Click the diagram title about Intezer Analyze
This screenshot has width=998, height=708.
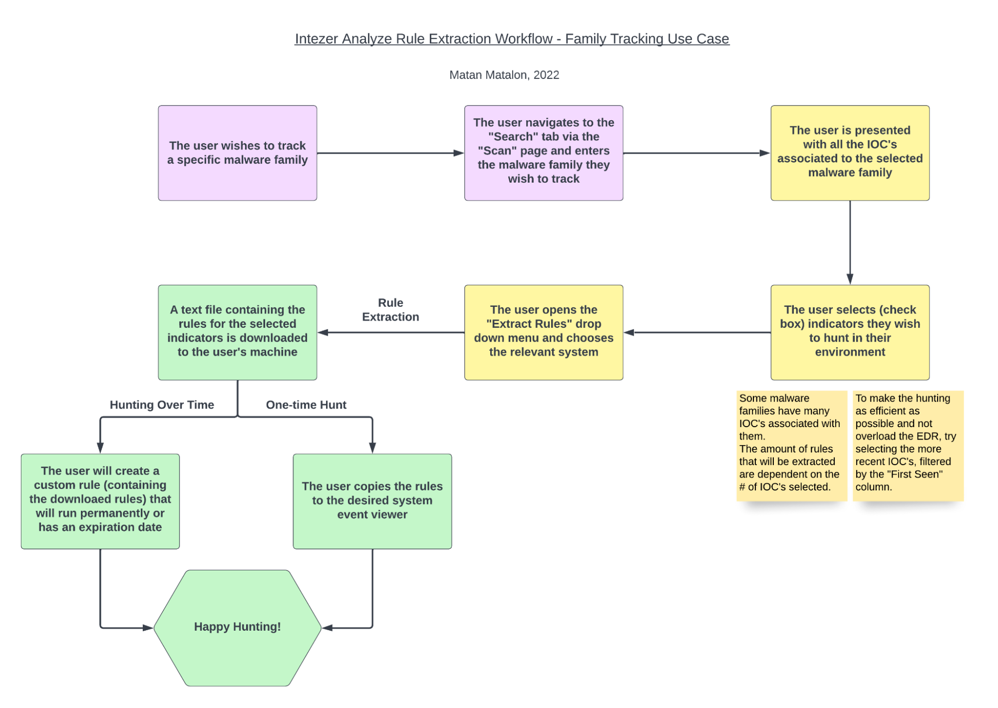point(512,39)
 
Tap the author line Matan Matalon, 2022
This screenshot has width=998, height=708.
point(504,75)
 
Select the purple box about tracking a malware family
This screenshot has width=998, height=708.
point(237,153)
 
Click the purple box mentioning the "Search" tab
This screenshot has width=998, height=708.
point(543,153)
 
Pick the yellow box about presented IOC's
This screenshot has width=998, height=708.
point(850,153)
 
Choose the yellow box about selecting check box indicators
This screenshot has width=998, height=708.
point(850,332)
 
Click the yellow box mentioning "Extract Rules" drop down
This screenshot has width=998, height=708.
point(543,332)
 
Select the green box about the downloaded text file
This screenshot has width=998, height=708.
point(237,332)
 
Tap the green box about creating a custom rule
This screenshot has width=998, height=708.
point(100,501)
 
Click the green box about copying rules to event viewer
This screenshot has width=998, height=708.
point(372,501)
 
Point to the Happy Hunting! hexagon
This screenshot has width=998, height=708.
point(237,627)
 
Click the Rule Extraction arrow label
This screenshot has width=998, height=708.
point(390,310)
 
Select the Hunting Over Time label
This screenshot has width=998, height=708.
point(162,405)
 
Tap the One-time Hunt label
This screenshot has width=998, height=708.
point(306,405)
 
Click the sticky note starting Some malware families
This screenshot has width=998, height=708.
point(791,445)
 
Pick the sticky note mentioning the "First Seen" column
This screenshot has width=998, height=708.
point(907,445)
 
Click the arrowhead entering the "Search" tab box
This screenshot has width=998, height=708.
point(458,153)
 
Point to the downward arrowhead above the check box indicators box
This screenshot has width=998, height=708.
point(850,278)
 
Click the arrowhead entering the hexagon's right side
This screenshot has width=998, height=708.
point(328,628)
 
